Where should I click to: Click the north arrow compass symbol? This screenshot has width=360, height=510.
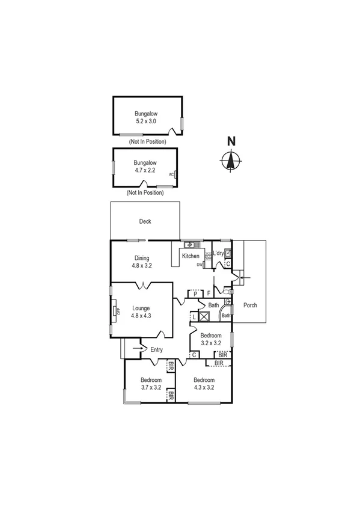[230, 161]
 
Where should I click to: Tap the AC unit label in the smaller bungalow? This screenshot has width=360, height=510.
[171, 174]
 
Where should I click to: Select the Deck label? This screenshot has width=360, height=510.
[145, 221]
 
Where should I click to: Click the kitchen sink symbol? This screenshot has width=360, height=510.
[189, 245]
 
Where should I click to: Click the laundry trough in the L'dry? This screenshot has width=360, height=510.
[228, 253]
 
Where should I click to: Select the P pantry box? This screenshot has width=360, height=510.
[195, 293]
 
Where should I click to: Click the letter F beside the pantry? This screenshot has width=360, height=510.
[208, 293]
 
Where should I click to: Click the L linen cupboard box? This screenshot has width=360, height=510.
[194, 316]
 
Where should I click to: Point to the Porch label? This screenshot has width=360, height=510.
[250, 306]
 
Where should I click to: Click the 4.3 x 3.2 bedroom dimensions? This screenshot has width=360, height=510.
[204, 387]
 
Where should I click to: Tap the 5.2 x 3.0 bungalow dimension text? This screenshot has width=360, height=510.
[146, 121]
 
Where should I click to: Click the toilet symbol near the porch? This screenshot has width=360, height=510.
[228, 301]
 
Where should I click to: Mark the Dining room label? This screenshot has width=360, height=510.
[142, 258]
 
